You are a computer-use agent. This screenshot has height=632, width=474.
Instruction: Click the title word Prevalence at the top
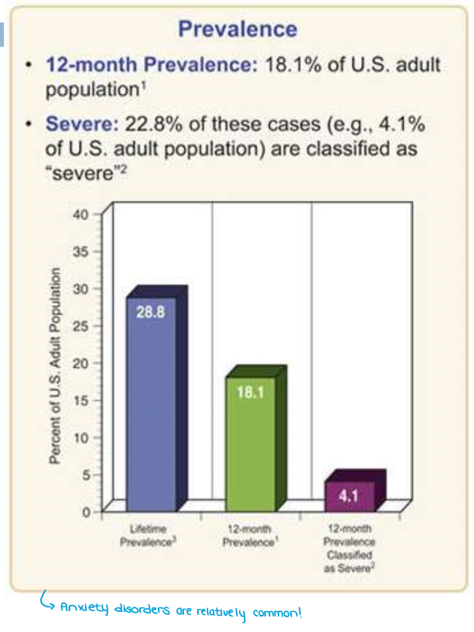tap(237, 29)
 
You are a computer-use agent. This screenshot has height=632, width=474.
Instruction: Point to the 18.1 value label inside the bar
tap(251, 392)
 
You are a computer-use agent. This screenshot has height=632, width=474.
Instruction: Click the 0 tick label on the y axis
tap(87, 511)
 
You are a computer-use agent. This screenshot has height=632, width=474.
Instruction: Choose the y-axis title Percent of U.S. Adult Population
tap(55, 365)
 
